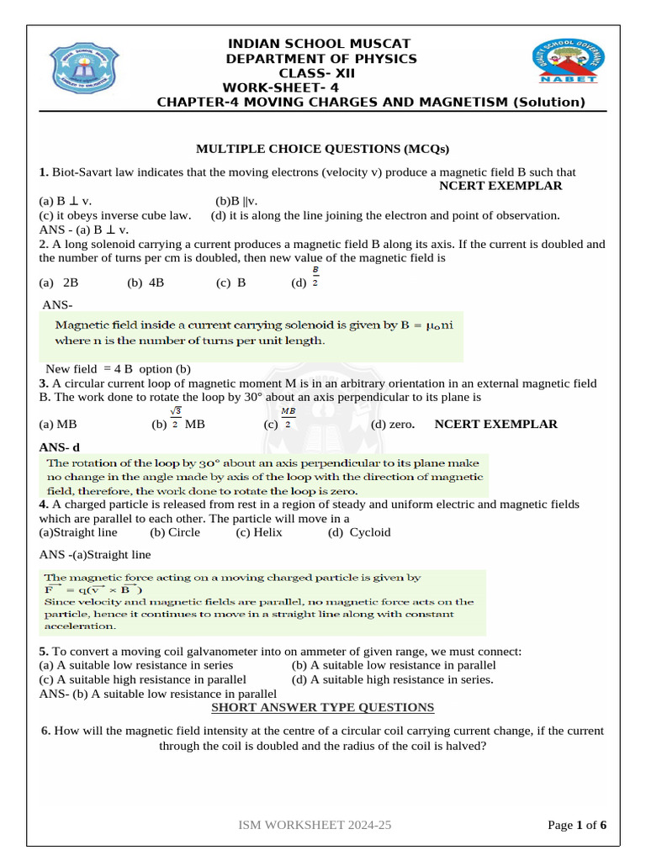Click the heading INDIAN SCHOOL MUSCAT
pos(321,43)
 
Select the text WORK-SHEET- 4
pos(281,88)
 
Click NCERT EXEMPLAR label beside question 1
pos(500,186)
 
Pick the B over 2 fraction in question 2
pos(315,277)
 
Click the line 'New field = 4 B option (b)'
pos(118,369)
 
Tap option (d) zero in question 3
pos(393,424)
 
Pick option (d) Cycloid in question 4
pos(359,532)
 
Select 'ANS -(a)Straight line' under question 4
pos(95,555)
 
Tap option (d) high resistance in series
pos(393,679)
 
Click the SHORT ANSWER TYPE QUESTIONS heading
pos(322,707)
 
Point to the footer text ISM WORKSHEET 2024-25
pos(315,826)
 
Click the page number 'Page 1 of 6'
pos(577,826)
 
